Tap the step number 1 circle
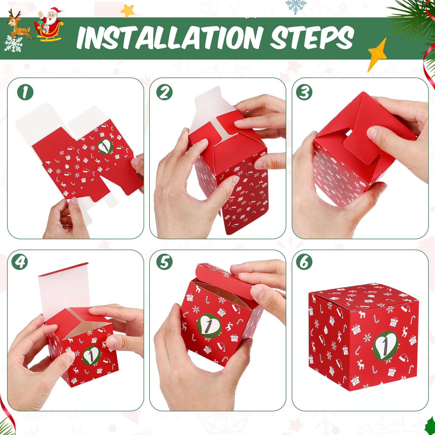[x=25, y=92]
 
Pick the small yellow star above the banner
[x=128, y=10]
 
